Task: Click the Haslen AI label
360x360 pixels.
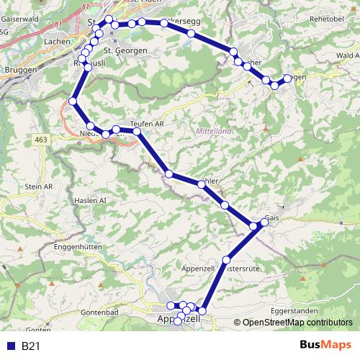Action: pyautogui.click(x=90, y=200)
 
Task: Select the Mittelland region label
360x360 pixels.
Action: pyautogui.click(x=214, y=132)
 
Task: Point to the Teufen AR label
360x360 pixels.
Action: pyautogui.click(x=148, y=123)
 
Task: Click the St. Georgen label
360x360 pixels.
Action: pyautogui.click(x=126, y=51)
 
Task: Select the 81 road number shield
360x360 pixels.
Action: pyautogui.click(x=56, y=24)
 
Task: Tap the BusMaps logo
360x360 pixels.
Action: pyautogui.click(x=325, y=346)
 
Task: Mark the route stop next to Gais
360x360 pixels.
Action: pyautogui.click(x=264, y=222)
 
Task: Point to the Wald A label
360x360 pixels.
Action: pyautogui.click(x=347, y=55)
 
